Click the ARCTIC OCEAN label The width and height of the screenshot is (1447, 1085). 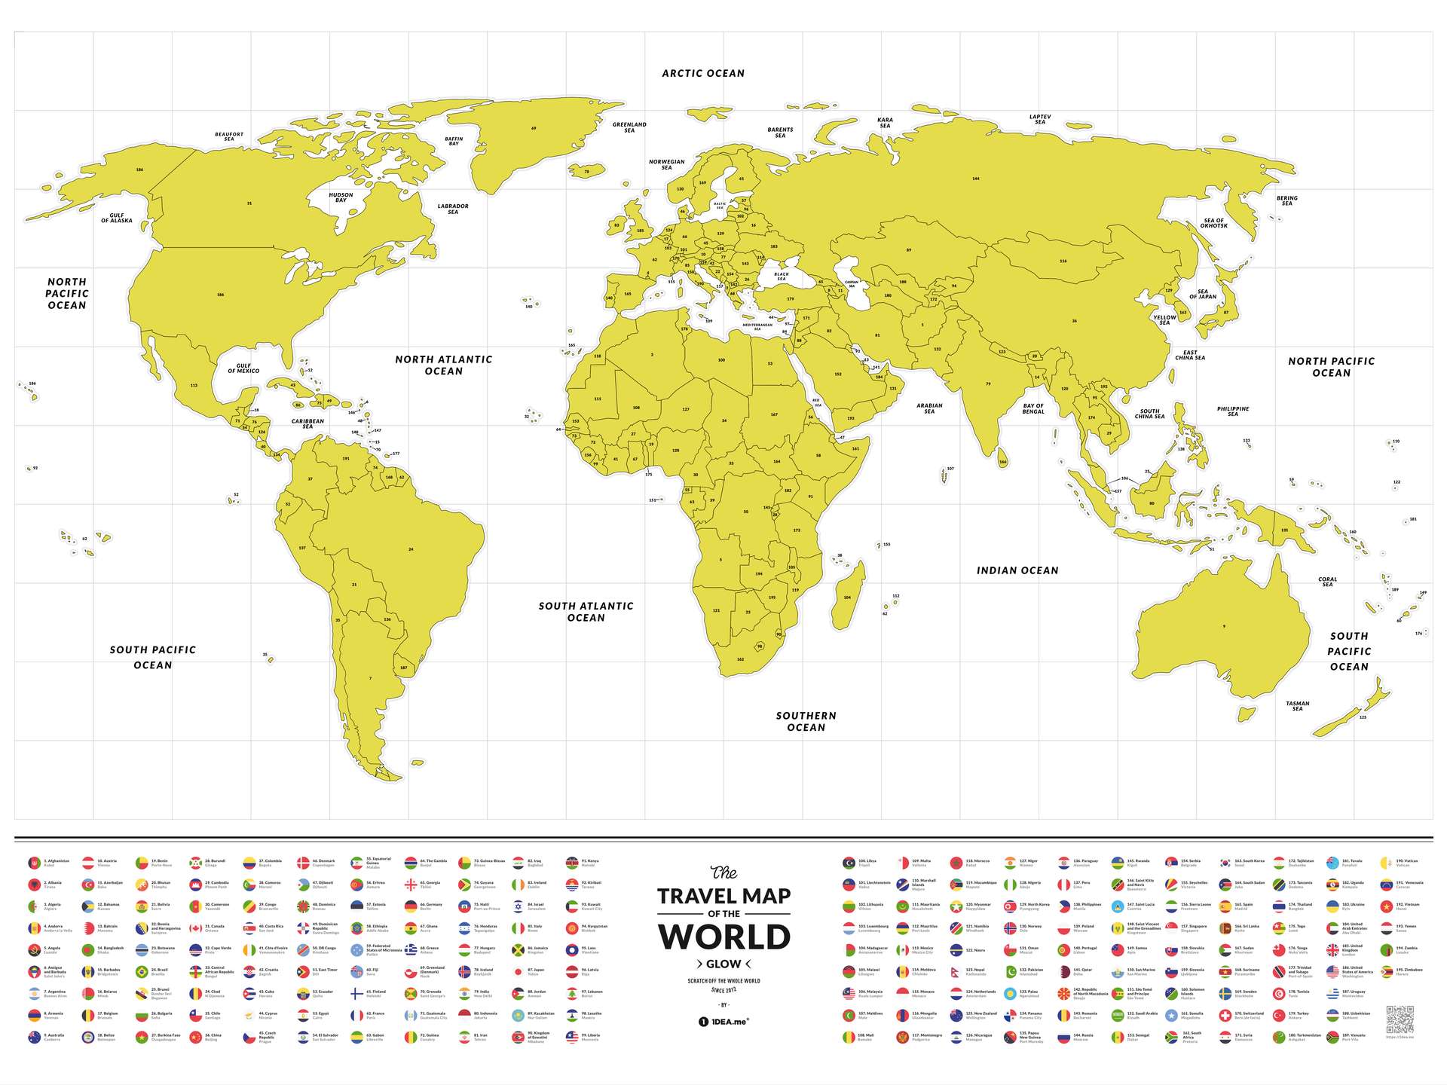702,73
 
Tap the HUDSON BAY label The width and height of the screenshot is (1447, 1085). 341,197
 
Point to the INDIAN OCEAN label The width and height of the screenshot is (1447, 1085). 1017,570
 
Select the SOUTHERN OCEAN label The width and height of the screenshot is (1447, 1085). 806,721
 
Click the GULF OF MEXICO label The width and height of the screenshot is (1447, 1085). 243,368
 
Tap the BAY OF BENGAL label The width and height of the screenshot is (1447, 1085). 1033,408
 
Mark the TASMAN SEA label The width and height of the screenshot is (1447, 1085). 1297,706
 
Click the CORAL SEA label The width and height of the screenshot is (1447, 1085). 1327,582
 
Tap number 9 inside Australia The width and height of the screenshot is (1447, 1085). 1224,626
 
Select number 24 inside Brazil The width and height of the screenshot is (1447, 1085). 411,549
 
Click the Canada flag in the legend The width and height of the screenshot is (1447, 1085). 196,928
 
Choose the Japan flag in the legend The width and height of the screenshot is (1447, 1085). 519,972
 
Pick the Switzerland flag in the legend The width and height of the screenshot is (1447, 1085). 1225,1016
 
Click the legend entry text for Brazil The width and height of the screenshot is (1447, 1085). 159,972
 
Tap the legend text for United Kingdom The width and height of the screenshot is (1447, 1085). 1352,950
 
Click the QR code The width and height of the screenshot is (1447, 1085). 1400,1019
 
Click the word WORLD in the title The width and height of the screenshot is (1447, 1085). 723,937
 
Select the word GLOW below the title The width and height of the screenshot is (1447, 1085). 723,964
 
